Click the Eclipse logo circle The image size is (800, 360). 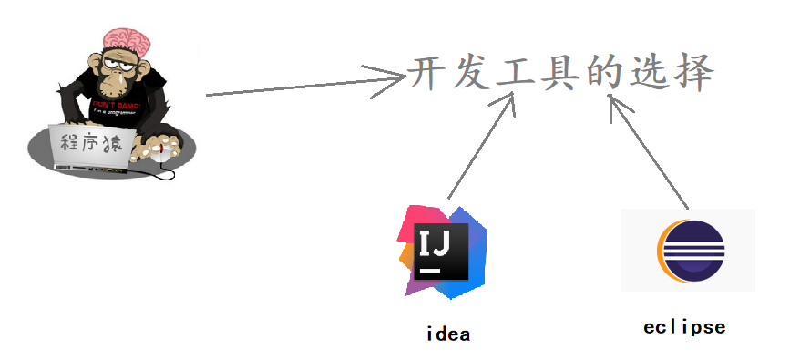click(689, 251)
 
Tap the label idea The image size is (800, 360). click(448, 334)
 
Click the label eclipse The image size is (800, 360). click(684, 327)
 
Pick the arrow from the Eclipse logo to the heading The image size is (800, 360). click(650, 150)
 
